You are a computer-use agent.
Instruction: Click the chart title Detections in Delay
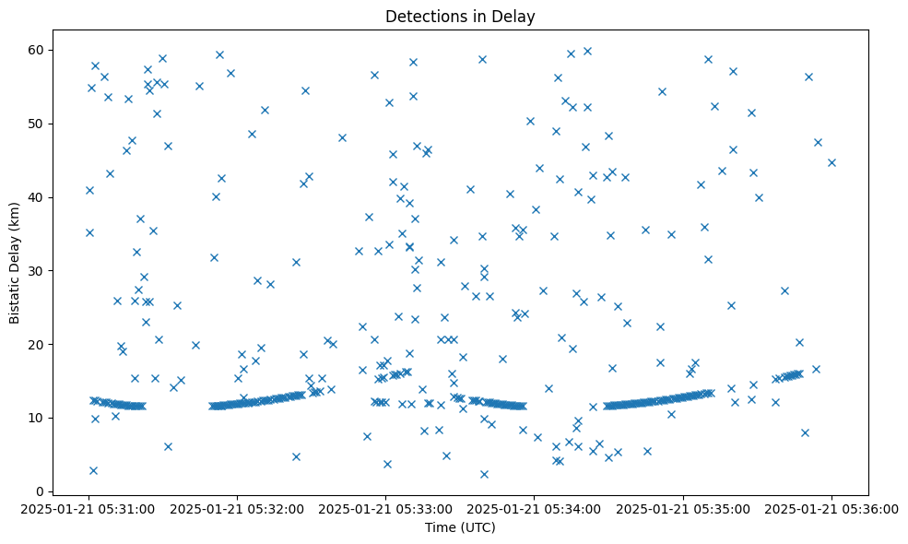[460, 17]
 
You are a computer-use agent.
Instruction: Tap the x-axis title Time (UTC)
[460, 527]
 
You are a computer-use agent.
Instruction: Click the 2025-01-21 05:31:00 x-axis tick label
[88, 508]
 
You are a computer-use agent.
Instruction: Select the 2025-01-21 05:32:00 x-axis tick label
[237, 508]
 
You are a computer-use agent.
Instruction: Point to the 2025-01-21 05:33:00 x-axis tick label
[385, 508]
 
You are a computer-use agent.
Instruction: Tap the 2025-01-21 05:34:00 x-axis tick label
[535, 508]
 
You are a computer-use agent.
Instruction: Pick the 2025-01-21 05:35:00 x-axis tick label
[683, 508]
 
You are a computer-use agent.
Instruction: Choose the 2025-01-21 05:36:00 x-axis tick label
[831, 508]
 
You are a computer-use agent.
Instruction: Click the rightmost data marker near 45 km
[831, 162]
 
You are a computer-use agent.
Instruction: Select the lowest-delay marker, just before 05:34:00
[484, 474]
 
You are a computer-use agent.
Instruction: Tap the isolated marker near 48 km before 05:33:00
[342, 137]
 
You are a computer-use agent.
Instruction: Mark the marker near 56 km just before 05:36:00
[808, 77]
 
